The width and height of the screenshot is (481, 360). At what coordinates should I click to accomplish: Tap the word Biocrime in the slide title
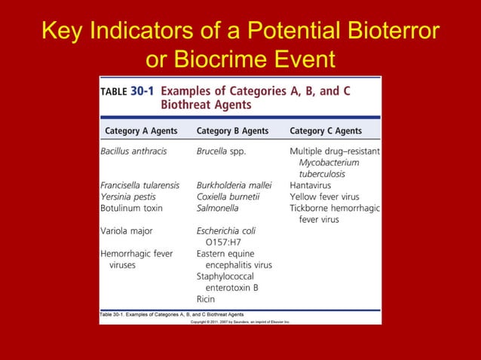(x=223, y=58)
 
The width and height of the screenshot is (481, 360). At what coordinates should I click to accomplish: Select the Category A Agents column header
(x=141, y=130)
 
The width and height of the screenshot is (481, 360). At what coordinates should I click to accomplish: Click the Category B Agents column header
(x=232, y=130)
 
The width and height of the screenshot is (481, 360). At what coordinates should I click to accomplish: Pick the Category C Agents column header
(x=326, y=130)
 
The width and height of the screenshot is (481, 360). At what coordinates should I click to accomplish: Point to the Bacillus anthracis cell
(x=133, y=151)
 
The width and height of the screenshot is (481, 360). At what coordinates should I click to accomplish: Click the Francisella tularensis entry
(x=139, y=185)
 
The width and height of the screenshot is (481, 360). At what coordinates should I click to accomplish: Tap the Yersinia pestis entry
(x=128, y=197)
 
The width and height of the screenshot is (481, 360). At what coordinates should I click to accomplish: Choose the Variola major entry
(x=126, y=231)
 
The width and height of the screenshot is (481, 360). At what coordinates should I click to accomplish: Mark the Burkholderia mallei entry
(x=229, y=185)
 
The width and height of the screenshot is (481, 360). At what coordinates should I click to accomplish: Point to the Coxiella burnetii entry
(x=228, y=197)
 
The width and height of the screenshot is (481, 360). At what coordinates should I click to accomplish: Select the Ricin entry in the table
(x=206, y=299)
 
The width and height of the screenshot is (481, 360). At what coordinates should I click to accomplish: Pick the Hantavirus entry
(x=310, y=185)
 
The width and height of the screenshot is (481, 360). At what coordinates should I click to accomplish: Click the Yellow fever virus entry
(x=324, y=197)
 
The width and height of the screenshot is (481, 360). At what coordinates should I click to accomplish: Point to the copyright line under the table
(x=240, y=322)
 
